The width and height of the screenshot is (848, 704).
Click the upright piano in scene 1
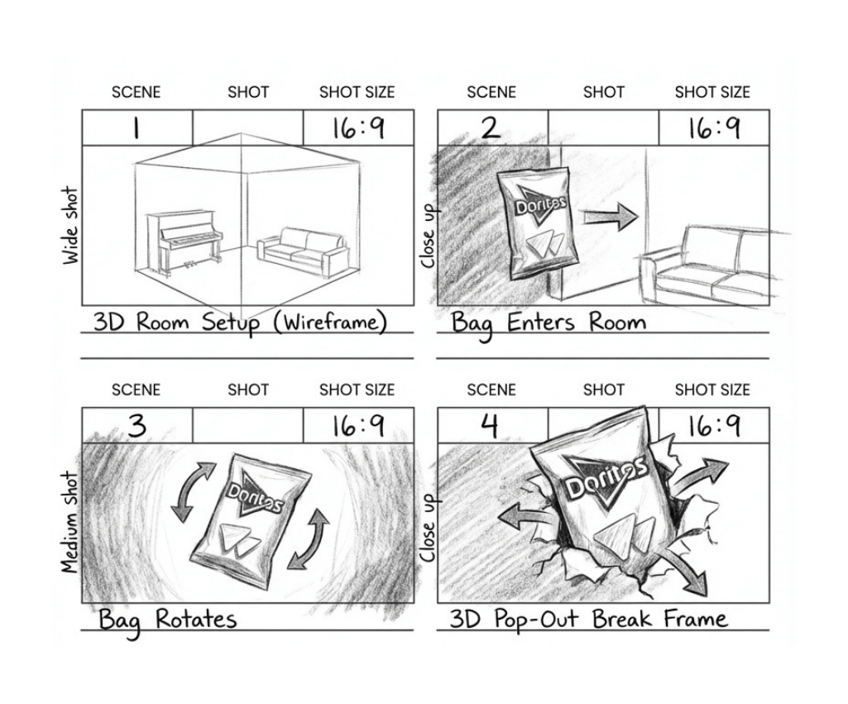184,241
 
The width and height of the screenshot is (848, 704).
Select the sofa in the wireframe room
303,252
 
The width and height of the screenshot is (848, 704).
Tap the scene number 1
136,128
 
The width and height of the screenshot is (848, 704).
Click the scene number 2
490,128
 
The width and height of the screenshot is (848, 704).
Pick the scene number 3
137,425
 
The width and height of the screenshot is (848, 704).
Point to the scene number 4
490,426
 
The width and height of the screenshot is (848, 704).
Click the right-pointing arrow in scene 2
611,218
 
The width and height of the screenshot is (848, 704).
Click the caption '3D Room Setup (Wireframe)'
240,323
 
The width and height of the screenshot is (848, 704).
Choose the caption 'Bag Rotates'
168,620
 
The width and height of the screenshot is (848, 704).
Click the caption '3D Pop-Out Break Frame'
588,620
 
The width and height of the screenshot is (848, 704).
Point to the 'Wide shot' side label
70,226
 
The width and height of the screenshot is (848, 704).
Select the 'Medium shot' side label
69,522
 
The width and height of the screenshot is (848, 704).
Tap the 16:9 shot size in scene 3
358,426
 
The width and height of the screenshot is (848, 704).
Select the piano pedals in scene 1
190,265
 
